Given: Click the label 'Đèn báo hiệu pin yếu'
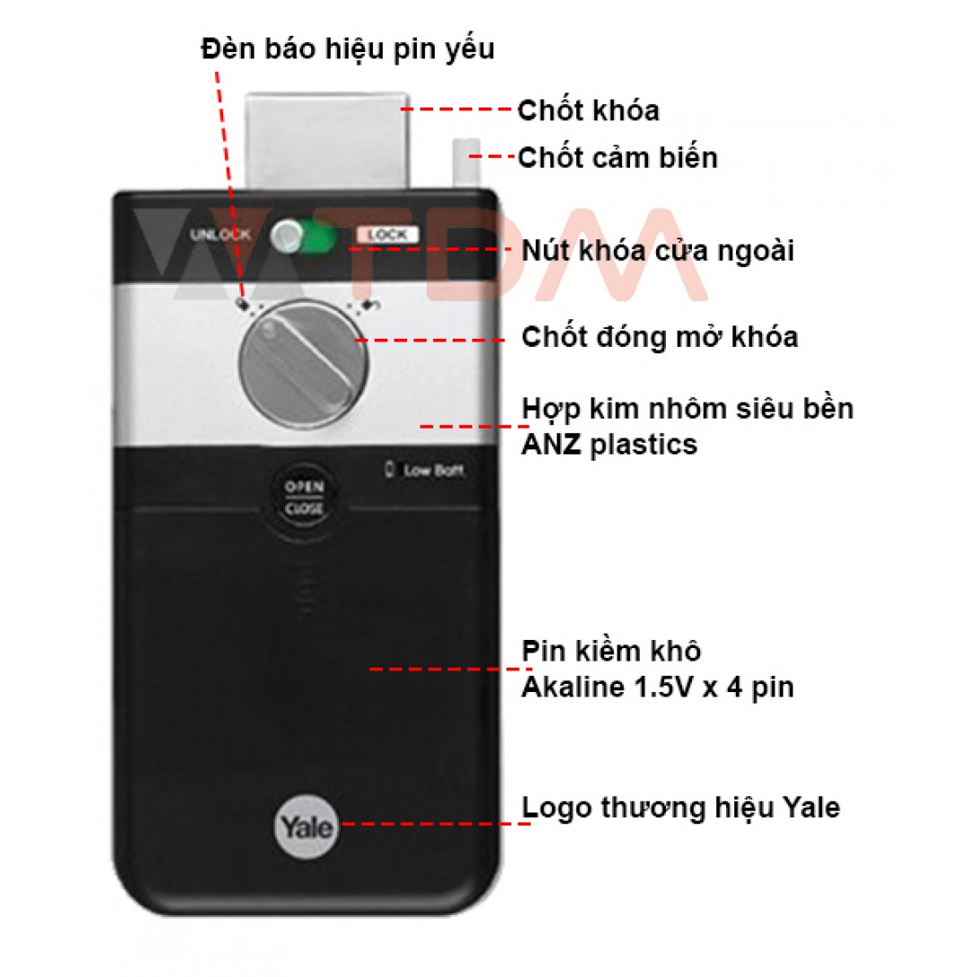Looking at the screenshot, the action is coord(348,49).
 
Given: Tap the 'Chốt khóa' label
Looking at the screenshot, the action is coord(588,110).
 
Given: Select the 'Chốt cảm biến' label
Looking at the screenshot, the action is coord(618,158).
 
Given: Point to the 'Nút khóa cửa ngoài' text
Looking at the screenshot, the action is coord(657,251).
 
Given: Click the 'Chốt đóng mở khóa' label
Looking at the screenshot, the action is coord(660,337).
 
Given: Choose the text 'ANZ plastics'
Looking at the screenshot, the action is coord(610,445).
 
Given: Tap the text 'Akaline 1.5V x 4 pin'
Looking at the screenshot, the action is coord(657,687).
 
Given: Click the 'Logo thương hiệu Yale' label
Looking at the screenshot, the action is coord(680,808).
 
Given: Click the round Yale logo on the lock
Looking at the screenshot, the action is coord(306,826).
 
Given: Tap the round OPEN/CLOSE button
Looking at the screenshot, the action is coord(304,499).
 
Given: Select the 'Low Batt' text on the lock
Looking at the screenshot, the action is coord(433,471).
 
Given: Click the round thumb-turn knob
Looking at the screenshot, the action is coord(304,363).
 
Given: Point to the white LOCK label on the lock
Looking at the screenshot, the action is coord(387,235).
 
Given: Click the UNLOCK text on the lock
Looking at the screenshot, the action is coord(220,235).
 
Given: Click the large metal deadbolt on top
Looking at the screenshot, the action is coord(327,141).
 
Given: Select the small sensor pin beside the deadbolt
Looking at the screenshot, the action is coord(466,163).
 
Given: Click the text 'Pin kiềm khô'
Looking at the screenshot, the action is coord(611,651).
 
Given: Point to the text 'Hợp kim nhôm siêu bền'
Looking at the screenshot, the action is coord(687,410).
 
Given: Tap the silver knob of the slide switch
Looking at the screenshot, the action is coord(287,237).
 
